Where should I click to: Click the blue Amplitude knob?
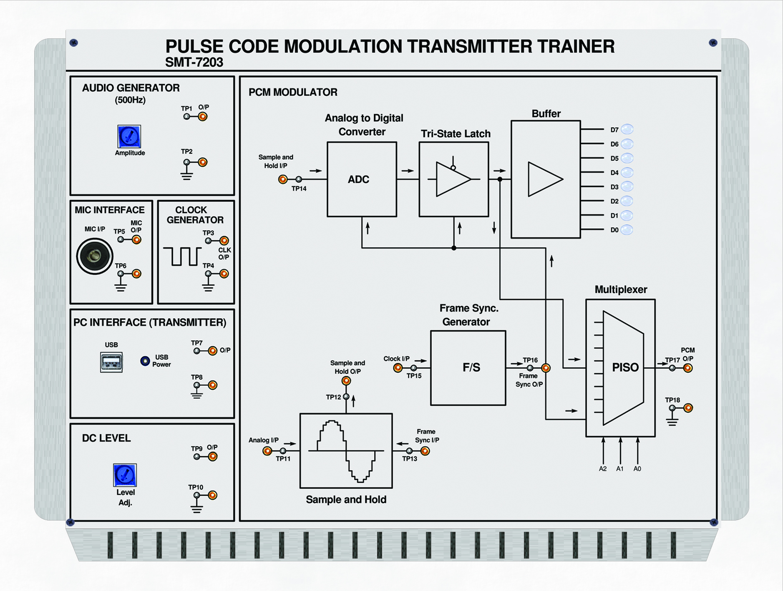(x=129, y=136)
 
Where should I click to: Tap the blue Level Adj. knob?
(x=125, y=475)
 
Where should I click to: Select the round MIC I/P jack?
(x=95, y=256)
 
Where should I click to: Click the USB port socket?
(x=111, y=362)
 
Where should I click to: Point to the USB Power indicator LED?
(x=145, y=361)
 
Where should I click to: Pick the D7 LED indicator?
(x=627, y=129)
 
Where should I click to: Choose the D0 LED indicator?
(x=627, y=229)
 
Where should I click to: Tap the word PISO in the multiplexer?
(x=625, y=367)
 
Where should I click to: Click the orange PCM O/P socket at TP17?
(x=688, y=368)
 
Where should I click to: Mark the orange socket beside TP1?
(x=203, y=117)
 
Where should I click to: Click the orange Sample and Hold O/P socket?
(x=346, y=381)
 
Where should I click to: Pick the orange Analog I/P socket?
(x=267, y=451)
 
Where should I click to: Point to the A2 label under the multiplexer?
(x=603, y=469)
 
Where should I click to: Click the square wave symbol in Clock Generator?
(x=182, y=256)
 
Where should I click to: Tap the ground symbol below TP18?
(x=672, y=421)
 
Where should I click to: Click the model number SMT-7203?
(x=194, y=63)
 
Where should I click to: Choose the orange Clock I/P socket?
(x=398, y=368)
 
